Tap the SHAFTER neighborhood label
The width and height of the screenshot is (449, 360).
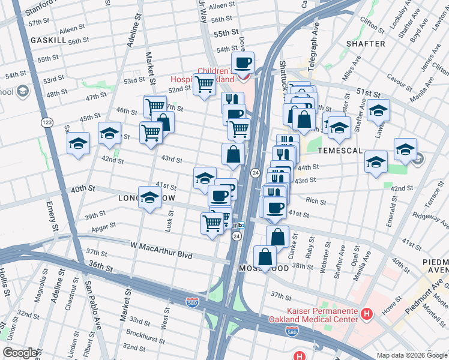tap(366, 44)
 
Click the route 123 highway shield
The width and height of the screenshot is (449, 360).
tap(46, 122)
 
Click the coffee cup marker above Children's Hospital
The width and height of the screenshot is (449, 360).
tap(243, 63)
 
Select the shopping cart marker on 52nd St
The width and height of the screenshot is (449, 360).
tap(204, 85)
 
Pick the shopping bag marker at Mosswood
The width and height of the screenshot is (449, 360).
tap(265, 257)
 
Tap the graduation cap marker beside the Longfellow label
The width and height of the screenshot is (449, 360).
tap(149, 198)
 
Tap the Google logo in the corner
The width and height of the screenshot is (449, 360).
tap(20, 352)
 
